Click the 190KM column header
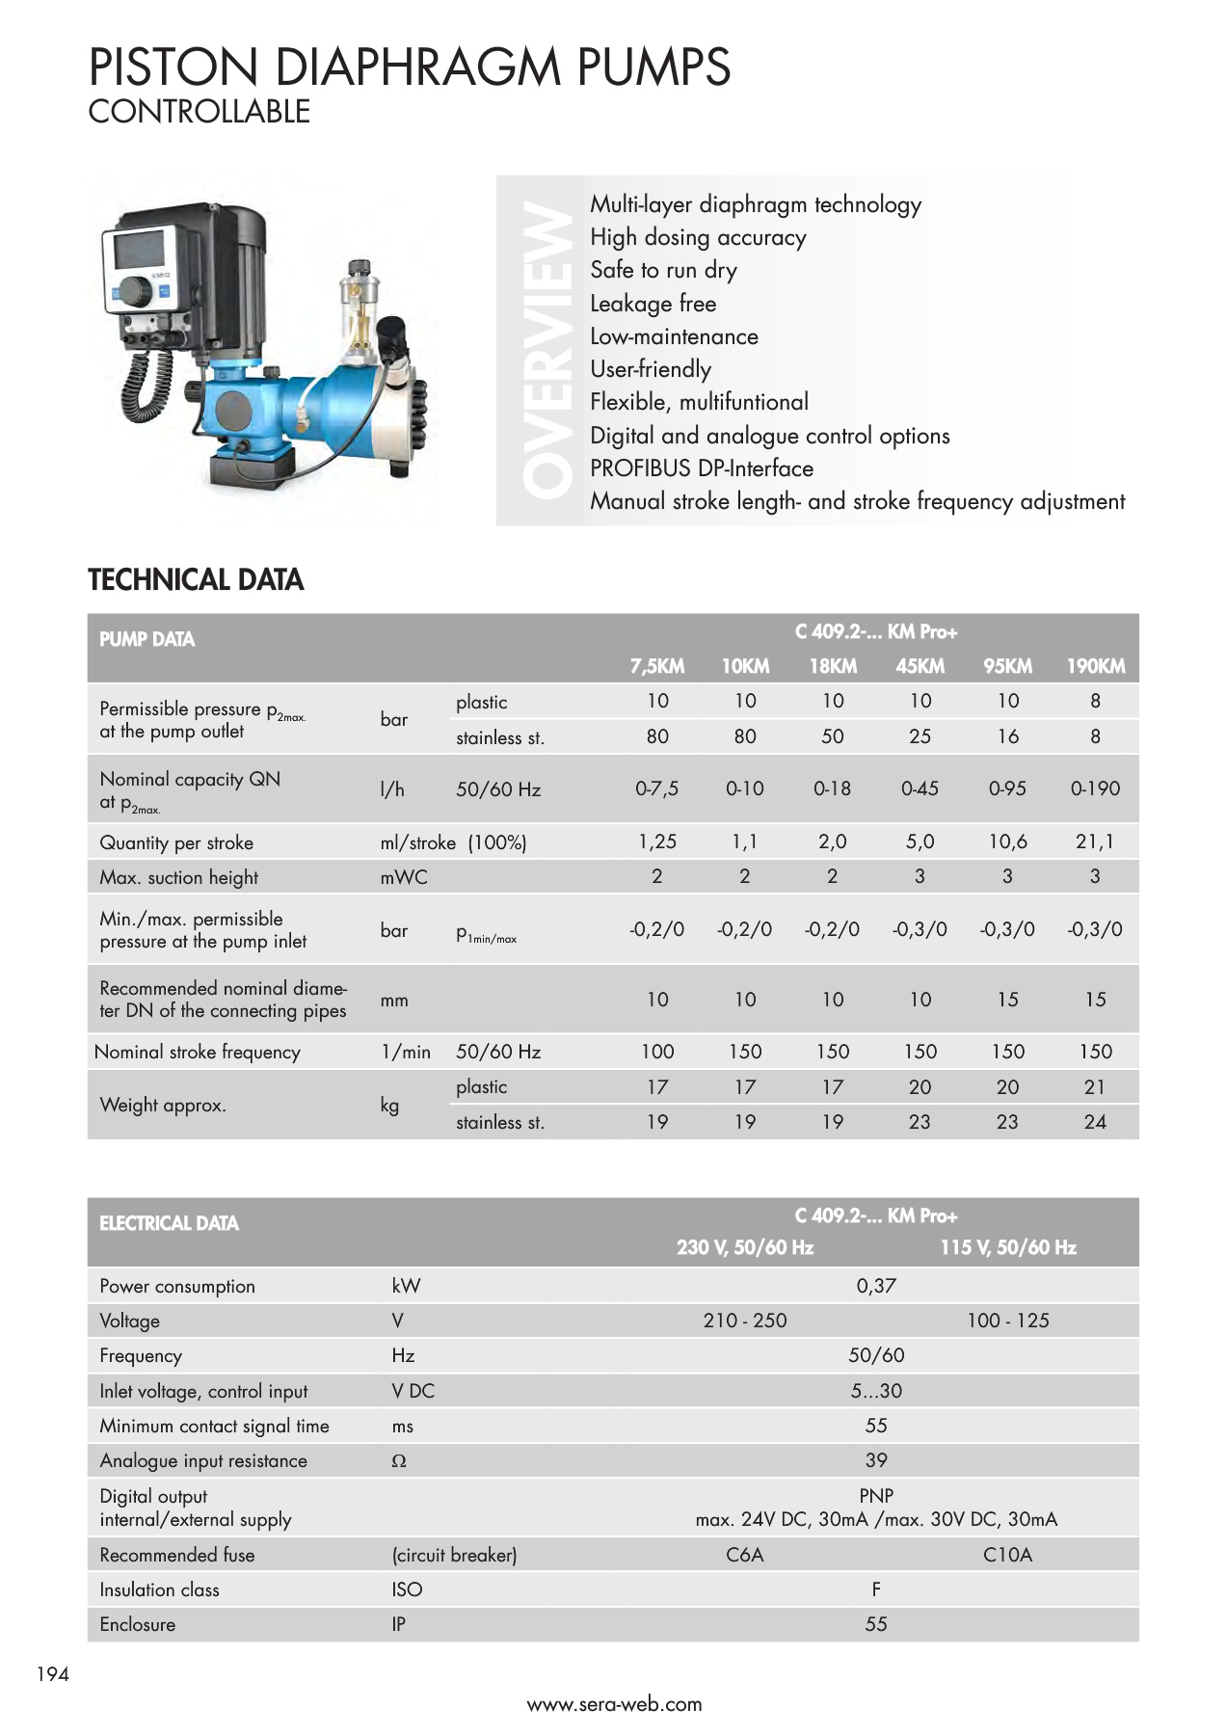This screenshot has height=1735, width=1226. tap(1095, 666)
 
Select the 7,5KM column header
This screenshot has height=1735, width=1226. tap(657, 666)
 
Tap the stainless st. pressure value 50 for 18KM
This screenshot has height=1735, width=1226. tap(832, 736)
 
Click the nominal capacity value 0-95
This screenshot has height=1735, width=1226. tap(1007, 788)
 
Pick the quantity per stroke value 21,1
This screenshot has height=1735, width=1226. tap(1095, 841)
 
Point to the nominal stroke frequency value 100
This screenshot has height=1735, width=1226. tap(657, 1052)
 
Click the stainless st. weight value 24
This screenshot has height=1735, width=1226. tap(1095, 1122)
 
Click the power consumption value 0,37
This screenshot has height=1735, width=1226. tap(876, 1286)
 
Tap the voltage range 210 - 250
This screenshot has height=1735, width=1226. tap(744, 1321)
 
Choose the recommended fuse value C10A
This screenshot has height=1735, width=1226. tap(1007, 1555)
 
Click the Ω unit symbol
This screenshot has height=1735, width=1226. tap(399, 1461)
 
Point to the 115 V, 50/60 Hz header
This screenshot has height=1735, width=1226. tap(1007, 1247)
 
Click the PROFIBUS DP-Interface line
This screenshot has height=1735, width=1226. tap(702, 468)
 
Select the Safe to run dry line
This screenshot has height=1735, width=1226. tap(663, 270)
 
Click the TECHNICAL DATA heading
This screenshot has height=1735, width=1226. tap(196, 579)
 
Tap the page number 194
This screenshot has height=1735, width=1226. tap(53, 1674)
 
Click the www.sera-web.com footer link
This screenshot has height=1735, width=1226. tap(614, 1704)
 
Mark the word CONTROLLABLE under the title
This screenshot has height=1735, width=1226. tap(199, 112)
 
